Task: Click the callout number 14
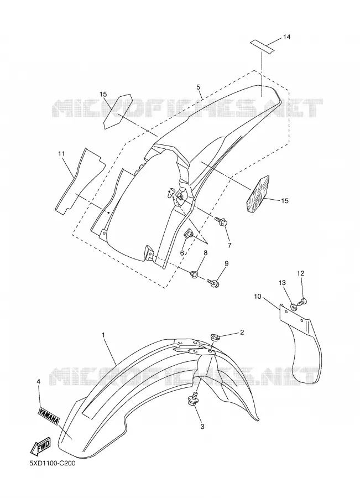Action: [x=286, y=37]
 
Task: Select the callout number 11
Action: [x=61, y=154]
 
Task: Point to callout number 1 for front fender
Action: [x=103, y=335]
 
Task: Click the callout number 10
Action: [x=258, y=297]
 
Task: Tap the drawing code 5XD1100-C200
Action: [x=53, y=463]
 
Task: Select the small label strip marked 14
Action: [x=262, y=45]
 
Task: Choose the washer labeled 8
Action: [x=194, y=273]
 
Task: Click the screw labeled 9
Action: [x=213, y=282]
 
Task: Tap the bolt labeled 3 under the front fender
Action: [x=194, y=398]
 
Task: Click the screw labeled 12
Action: [x=303, y=302]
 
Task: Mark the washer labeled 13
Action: [x=294, y=307]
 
